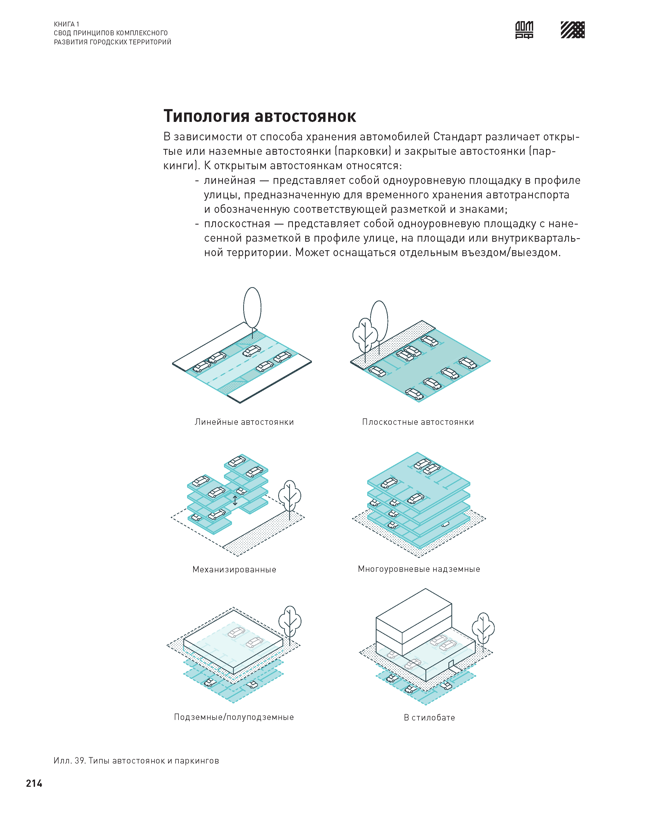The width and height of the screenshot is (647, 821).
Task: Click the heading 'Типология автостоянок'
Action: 259,116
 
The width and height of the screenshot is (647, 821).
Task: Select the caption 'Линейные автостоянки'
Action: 244,422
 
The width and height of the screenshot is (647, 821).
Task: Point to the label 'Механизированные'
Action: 234,569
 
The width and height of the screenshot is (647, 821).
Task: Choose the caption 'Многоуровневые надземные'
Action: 419,569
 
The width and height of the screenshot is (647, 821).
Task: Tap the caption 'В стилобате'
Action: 429,718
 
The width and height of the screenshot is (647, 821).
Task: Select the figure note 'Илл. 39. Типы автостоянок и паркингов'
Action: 136,761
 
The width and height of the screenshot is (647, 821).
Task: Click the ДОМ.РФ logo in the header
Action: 524,30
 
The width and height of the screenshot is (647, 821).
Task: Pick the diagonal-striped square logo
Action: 572,30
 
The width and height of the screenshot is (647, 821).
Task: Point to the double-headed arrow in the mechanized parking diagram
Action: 235,500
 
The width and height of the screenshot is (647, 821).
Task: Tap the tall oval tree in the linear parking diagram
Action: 252,308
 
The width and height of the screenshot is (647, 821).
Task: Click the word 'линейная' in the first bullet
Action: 230,180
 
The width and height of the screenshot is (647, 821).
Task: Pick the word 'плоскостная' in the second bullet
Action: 237,223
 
